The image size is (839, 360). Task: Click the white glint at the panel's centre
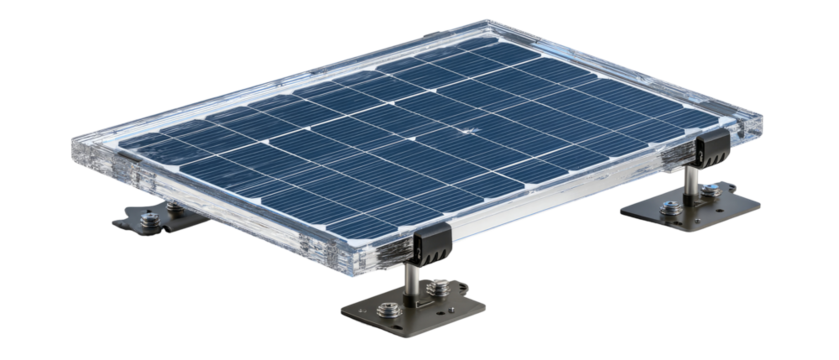[x=465, y=129]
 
